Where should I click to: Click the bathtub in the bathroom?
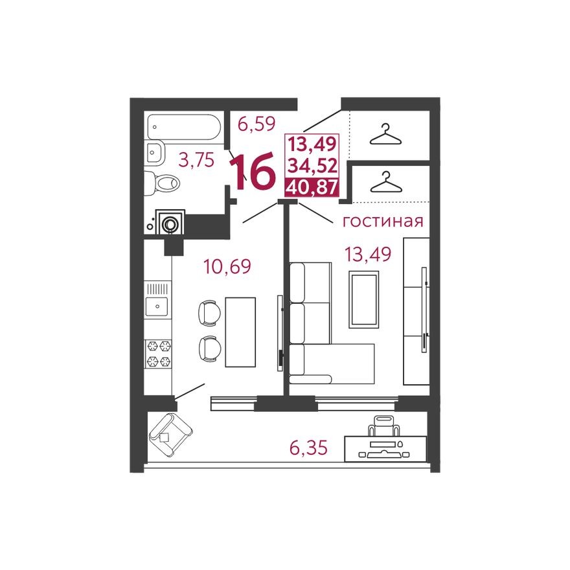pos(184,127)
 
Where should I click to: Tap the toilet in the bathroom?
pos(163,184)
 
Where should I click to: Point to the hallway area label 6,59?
pos(256,123)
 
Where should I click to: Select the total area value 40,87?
pos(312,187)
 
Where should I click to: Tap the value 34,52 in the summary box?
pos(312,165)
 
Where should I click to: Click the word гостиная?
pos(382,222)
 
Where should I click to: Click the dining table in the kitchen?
pos(240,332)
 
